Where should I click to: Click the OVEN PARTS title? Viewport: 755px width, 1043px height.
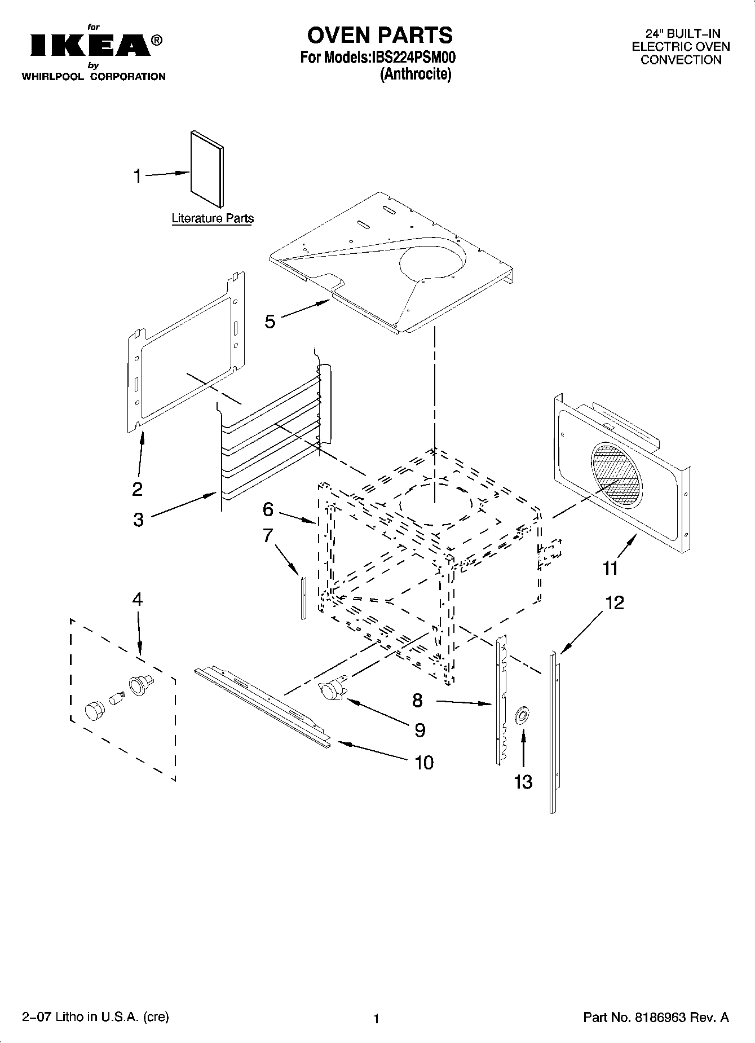(379, 35)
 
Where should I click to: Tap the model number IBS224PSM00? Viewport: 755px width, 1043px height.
(412, 58)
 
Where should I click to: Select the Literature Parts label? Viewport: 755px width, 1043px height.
(213, 218)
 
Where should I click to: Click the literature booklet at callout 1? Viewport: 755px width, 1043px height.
(206, 169)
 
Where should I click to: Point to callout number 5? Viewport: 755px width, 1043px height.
(270, 322)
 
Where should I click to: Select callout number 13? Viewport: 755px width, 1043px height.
(523, 782)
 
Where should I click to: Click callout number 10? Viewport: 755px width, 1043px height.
(424, 763)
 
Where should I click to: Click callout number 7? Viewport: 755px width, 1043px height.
(268, 535)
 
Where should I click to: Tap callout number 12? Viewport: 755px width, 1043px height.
(615, 603)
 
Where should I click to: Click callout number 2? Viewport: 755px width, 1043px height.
(138, 489)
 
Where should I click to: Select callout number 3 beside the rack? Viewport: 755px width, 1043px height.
(139, 520)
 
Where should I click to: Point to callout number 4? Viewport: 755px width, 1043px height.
(138, 599)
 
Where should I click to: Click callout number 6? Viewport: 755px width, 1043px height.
(268, 509)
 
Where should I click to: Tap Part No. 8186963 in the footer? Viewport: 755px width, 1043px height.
(656, 1018)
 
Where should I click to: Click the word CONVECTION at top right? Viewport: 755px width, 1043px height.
(681, 60)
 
